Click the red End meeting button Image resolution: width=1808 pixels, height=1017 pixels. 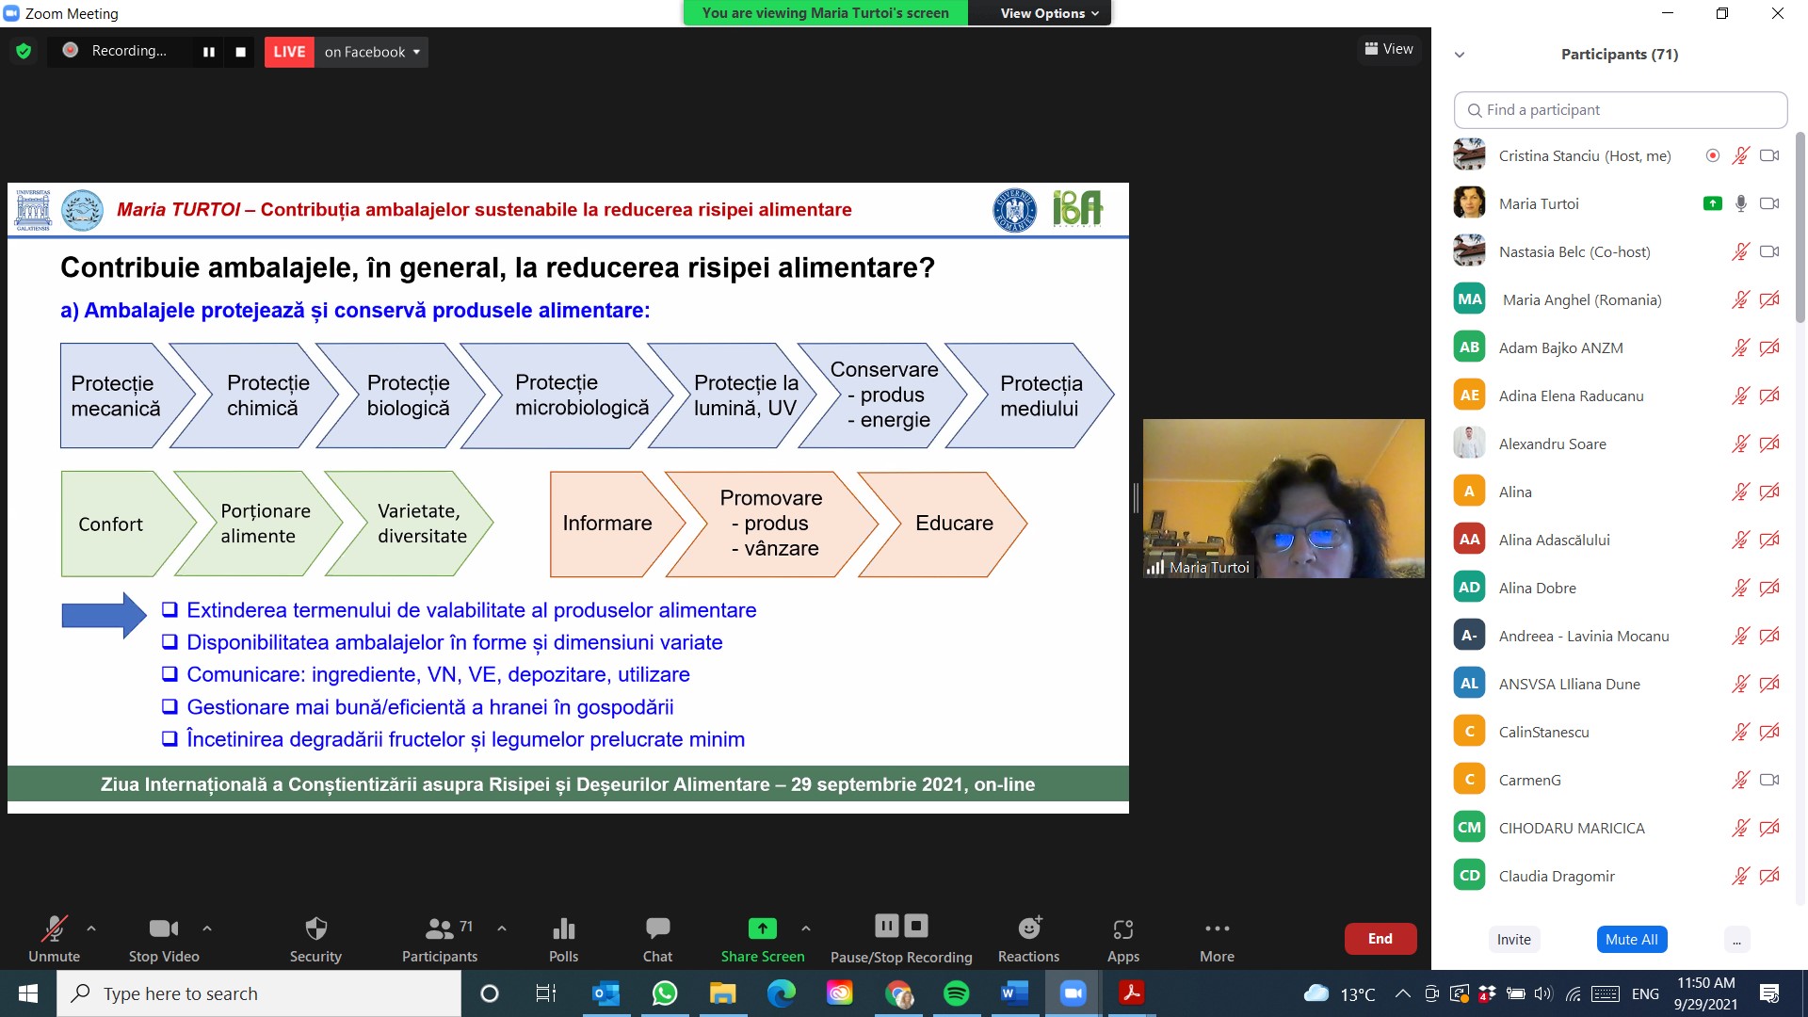coord(1380,939)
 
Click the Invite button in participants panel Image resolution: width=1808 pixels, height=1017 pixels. coord(1513,939)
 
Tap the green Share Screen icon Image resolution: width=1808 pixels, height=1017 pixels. coord(762,928)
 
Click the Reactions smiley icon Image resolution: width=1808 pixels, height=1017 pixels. coord(1029,928)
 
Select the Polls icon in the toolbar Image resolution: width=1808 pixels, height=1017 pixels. coord(563,928)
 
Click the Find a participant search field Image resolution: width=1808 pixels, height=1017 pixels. coord(1621,110)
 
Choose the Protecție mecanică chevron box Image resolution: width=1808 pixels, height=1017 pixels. coord(118,395)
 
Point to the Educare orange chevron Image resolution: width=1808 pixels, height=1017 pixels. coord(944,524)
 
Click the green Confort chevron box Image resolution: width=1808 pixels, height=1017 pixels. coord(118,524)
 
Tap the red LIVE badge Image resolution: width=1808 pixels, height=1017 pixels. coord(289,52)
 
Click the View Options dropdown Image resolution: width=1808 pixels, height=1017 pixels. coord(1048,13)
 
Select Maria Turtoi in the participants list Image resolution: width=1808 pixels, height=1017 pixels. coord(1539,203)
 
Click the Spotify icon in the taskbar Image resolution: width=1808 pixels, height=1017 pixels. coord(956,993)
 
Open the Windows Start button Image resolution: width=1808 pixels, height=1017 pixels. coord(28,993)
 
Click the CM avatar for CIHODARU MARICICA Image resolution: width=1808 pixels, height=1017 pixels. coord(1469,828)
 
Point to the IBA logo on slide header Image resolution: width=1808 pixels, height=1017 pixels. coord(1077,208)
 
